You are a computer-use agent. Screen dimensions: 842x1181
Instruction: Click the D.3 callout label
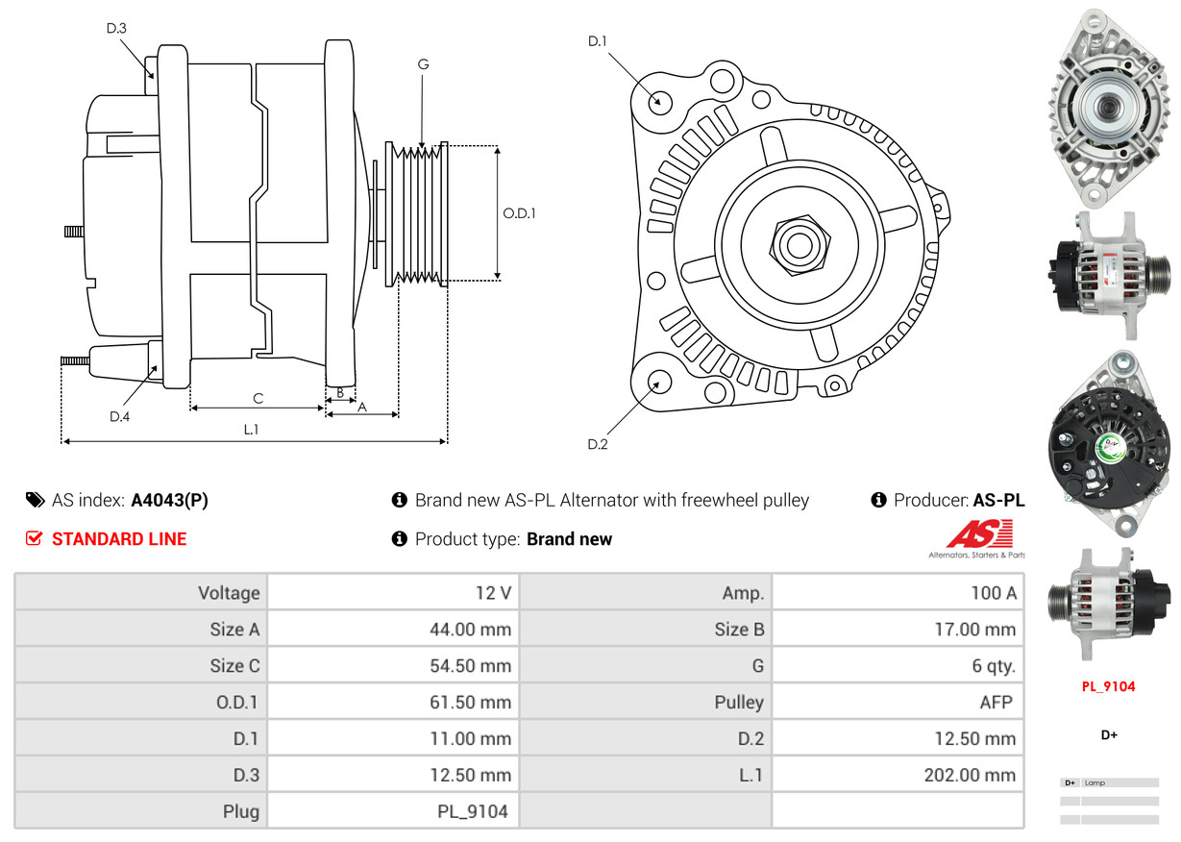point(116,28)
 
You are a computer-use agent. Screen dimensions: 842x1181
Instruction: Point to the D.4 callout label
point(119,416)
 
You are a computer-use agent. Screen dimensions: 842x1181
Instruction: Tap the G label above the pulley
point(423,64)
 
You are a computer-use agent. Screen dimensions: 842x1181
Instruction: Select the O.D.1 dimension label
point(520,213)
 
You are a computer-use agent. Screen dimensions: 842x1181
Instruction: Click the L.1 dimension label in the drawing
point(251,430)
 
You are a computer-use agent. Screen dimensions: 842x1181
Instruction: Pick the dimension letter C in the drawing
point(258,398)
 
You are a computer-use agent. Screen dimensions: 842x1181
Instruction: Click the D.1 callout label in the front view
point(598,40)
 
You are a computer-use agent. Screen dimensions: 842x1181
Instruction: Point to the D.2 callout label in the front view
point(598,444)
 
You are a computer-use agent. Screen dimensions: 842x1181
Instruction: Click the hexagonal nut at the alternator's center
point(796,243)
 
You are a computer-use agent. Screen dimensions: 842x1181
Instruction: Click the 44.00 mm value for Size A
point(470,630)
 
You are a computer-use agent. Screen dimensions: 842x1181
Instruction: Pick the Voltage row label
point(229,593)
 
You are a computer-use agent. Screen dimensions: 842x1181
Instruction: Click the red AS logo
point(979,533)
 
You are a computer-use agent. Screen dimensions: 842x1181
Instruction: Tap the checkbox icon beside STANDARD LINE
point(34,539)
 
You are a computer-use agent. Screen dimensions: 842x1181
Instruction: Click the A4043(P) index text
point(169,500)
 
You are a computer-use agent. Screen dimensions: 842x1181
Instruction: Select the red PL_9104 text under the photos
point(1109,686)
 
